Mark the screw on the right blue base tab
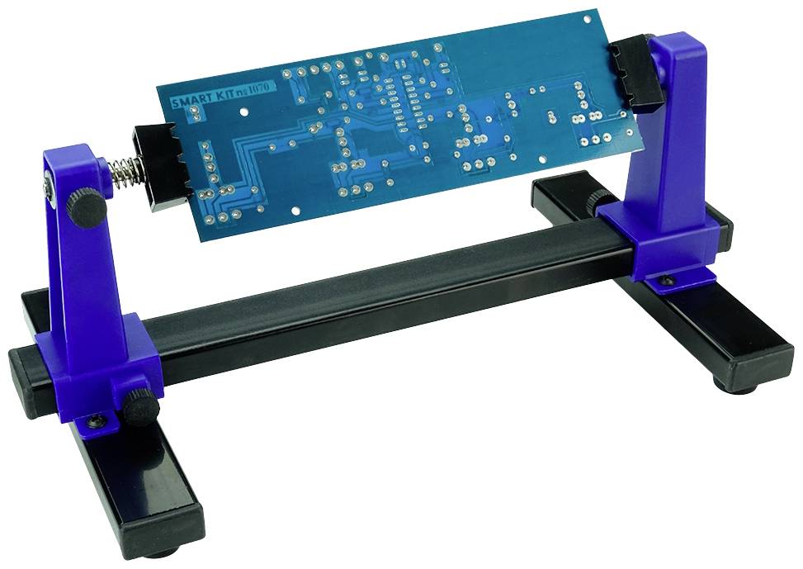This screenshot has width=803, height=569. click(x=666, y=282)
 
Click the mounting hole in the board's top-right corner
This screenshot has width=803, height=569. click(x=587, y=17)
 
